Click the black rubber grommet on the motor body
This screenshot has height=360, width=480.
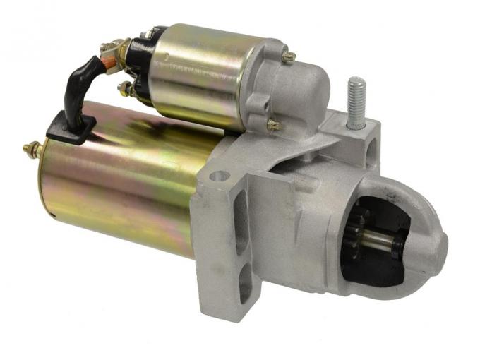71,127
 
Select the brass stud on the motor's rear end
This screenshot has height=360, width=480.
32,149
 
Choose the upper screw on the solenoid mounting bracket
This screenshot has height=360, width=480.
287,57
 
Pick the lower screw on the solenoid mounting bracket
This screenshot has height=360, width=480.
273,125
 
